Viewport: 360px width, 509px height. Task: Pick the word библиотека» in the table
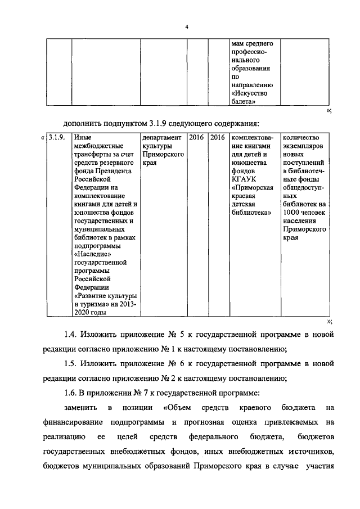click(251, 212)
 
